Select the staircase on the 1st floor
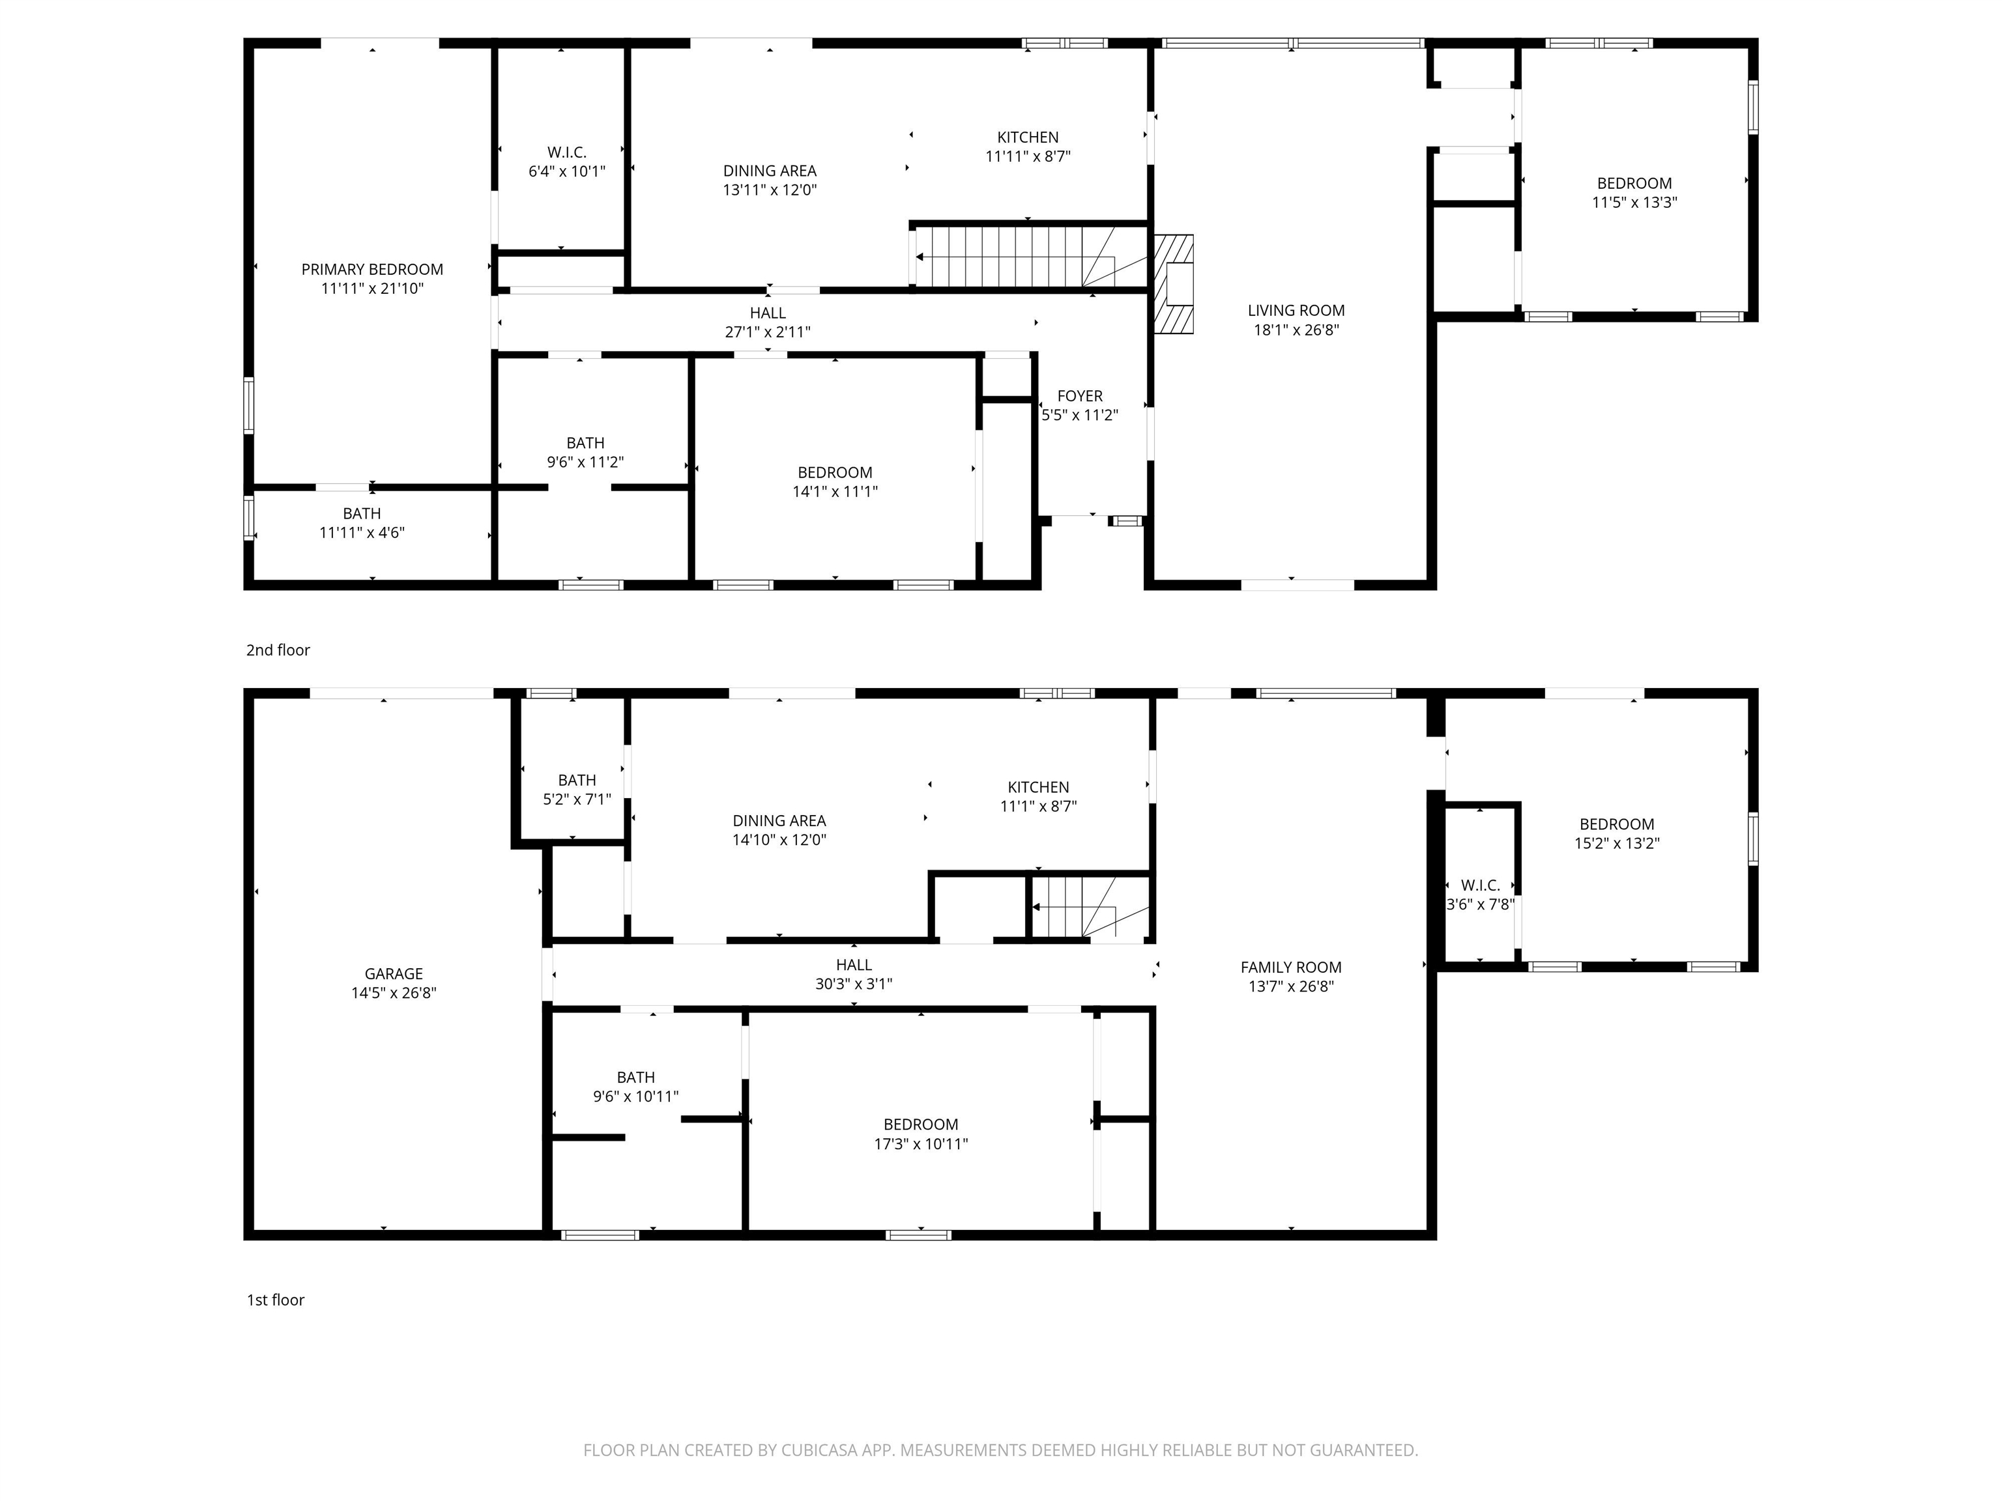tap(1086, 908)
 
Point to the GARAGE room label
tap(394, 973)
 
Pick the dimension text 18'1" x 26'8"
tap(1296, 330)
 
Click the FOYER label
tap(1080, 396)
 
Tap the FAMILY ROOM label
tap(1290, 967)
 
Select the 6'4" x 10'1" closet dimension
tap(566, 171)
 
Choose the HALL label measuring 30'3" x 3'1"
tap(854, 964)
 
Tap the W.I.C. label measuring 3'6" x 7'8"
tap(1480, 885)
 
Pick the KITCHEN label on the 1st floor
tap(1038, 787)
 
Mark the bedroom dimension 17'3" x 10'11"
tap(920, 1143)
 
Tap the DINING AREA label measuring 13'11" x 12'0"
tap(769, 171)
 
